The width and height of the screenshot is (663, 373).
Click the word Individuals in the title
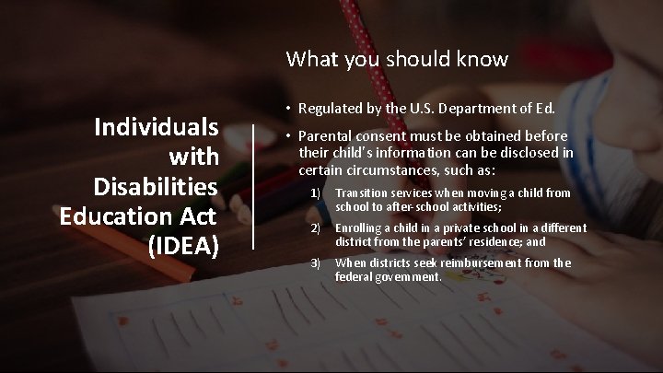[157, 126]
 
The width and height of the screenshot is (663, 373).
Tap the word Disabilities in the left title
[156, 187]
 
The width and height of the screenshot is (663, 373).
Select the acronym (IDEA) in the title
[182, 247]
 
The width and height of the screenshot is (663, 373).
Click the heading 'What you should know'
[397, 59]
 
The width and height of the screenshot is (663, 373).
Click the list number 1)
[315, 193]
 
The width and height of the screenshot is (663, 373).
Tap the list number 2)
[315, 228]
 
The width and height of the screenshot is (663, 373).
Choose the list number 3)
[315, 263]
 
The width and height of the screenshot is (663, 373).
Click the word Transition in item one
[362, 193]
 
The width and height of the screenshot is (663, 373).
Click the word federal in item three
[353, 276]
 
